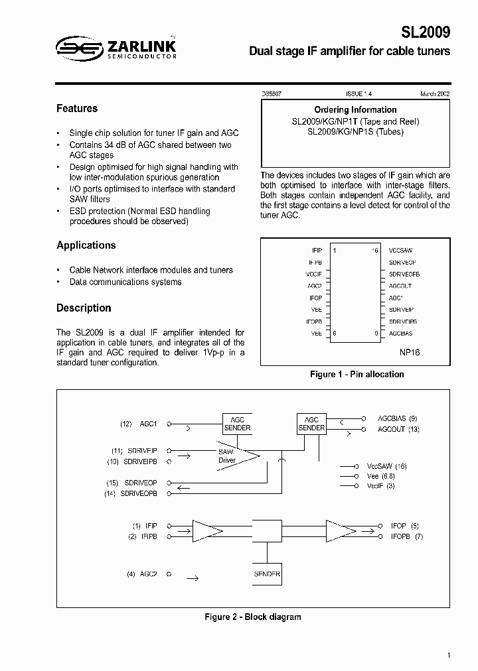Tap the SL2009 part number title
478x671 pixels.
click(426, 32)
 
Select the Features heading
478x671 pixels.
click(77, 109)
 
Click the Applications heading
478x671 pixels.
click(86, 245)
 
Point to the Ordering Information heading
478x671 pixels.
click(355, 110)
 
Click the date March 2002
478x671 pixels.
click(435, 94)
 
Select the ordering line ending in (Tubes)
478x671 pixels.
click(355, 132)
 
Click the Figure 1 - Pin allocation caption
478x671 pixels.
click(357, 375)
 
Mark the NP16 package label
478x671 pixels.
click(410, 353)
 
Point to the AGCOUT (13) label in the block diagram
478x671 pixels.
click(398, 430)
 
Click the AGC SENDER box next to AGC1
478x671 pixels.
click(237, 424)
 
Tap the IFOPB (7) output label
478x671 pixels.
click(406, 536)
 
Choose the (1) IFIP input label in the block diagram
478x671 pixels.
click(144, 525)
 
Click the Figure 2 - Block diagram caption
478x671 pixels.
click(252, 617)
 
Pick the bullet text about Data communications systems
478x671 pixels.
click(125, 282)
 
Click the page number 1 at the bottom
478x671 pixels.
click(449, 656)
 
